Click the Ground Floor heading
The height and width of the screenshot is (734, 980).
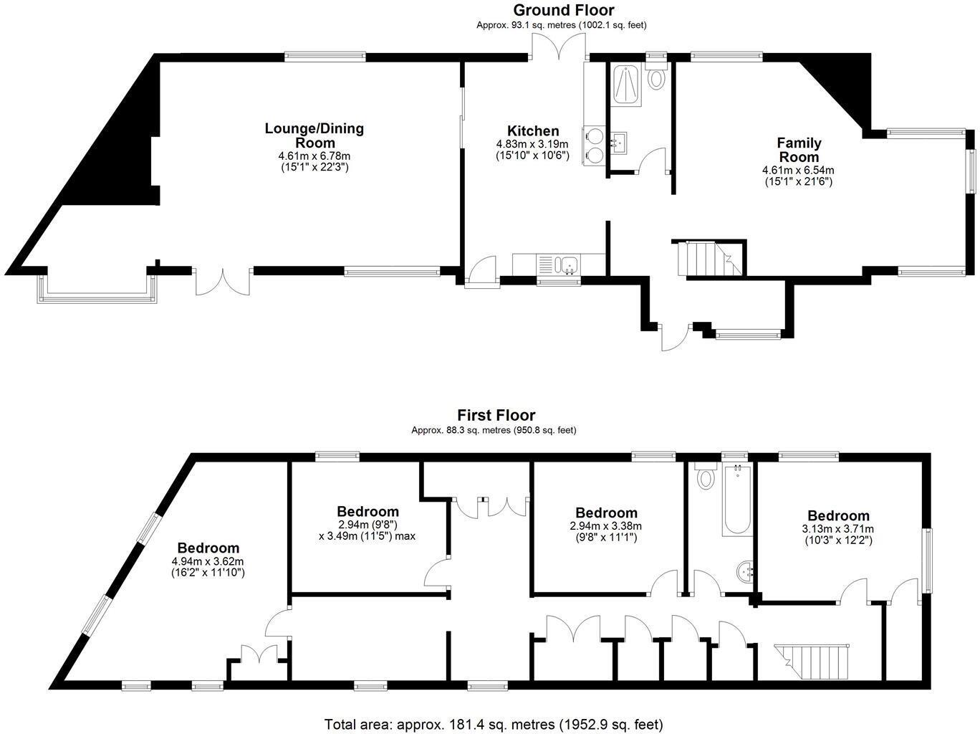[563, 10]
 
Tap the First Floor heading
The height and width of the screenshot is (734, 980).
[496, 415]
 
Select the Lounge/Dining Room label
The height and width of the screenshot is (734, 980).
[314, 135]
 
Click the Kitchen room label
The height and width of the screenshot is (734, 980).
[532, 131]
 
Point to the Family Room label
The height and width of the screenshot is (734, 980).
[799, 150]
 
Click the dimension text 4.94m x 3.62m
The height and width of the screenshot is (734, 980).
[208, 561]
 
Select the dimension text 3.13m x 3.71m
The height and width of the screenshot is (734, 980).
[838, 529]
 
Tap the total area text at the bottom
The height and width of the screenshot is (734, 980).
[494, 724]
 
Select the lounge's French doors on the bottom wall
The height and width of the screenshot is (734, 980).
[223, 281]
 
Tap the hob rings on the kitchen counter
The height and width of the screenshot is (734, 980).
[594, 146]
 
